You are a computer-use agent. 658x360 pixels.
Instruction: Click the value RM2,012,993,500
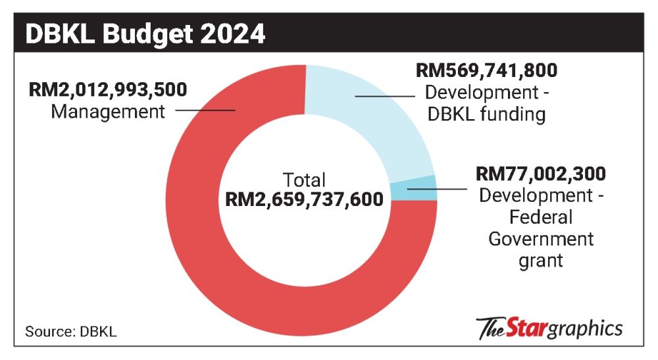(x=108, y=90)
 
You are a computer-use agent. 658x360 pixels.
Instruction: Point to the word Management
(x=108, y=111)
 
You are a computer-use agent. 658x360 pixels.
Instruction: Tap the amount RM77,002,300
(x=540, y=174)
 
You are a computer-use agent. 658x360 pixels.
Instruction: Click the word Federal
(x=531, y=217)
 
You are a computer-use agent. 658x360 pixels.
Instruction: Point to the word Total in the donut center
(x=304, y=180)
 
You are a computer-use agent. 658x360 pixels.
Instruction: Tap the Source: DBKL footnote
(x=71, y=331)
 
